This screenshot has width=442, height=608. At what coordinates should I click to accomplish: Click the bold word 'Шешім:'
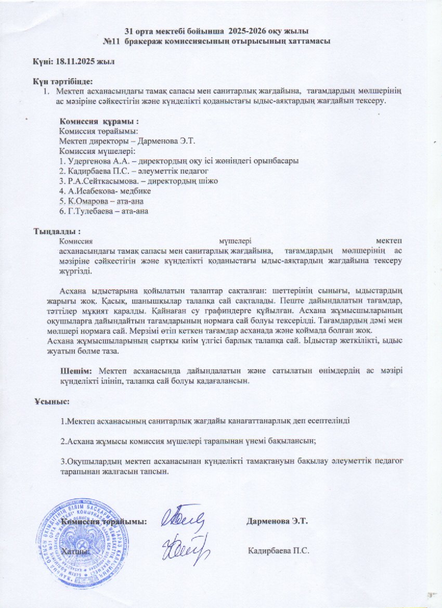[x=76, y=370]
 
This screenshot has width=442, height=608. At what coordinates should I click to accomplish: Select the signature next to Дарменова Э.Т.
[x=182, y=518]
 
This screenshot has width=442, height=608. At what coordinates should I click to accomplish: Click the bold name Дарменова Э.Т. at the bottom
[x=278, y=521]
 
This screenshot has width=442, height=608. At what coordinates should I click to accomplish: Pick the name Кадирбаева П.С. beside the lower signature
[x=279, y=550]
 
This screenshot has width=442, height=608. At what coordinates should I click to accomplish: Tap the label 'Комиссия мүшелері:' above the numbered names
[x=97, y=151]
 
